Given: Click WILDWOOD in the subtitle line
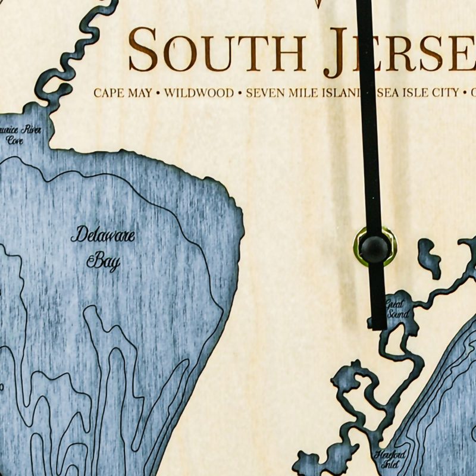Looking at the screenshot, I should pos(198,93).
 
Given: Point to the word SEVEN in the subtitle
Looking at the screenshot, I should pos(263,93).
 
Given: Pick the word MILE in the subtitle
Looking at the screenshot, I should pos(300,93).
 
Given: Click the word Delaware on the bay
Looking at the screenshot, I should pos(103,236).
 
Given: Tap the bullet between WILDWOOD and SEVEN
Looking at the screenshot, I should pos(240,93).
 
